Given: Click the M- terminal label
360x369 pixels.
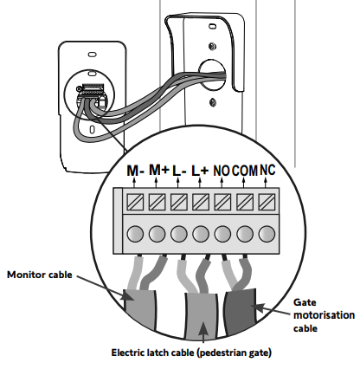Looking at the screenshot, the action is (x=135, y=171).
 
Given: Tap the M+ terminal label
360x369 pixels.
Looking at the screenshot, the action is (x=158, y=170).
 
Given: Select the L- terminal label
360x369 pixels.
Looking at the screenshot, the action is (x=179, y=171).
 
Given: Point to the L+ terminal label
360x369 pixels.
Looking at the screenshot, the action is (x=200, y=171).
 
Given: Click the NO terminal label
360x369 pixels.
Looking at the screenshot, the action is (x=222, y=171).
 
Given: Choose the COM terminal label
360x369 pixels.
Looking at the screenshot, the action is (x=244, y=171).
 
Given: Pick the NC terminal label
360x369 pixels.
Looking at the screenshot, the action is (x=267, y=170).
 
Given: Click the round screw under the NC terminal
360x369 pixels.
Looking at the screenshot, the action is (x=267, y=234).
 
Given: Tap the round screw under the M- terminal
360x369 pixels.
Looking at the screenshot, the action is (x=135, y=234).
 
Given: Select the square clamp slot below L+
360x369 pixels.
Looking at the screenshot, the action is (x=201, y=202).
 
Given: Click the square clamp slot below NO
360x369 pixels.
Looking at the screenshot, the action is (x=223, y=202).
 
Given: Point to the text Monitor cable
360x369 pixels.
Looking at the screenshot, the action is (x=40, y=275).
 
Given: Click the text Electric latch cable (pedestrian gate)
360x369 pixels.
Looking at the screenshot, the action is (x=191, y=353).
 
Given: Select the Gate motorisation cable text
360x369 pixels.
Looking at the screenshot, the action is (x=324, y=315).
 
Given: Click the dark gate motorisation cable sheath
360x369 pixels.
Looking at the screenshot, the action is (x=241, y=312).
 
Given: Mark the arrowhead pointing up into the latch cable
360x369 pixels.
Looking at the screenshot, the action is (x=203, y=327).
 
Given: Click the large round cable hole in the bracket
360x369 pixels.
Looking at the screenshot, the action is (x=213, y=74).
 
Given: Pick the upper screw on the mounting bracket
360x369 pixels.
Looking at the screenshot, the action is (x=213, y=46).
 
